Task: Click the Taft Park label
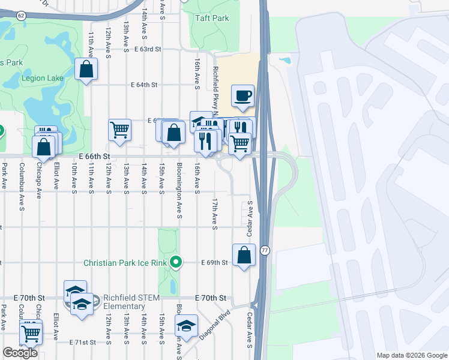click(x=212, y=18)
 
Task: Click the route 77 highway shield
click(x=264, y=250)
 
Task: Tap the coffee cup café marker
click(x=243, y=97)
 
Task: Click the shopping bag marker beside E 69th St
click(x=244, y=256)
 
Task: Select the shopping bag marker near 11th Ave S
click(x=86, y=69)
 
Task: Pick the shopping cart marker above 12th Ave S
click(x=120, y=130)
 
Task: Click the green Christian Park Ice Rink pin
click(x=175, y=263)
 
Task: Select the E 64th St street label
click(x=143, y=85)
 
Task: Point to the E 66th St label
click(x=95, y=156)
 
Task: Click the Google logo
click(x=20, y=353)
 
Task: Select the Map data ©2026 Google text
click(x=411, y=355)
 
